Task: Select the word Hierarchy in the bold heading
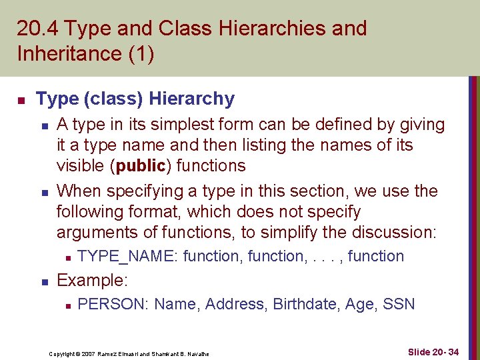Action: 192,99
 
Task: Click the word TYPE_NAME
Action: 128,257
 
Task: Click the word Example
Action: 91,281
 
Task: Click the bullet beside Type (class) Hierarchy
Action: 21,101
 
